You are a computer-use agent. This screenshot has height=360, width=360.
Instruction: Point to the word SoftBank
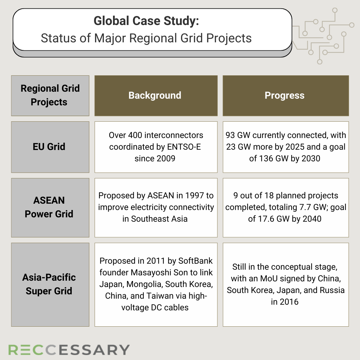(x=195, y=261)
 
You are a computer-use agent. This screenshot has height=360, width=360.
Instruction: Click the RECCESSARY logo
(x=69, y=350)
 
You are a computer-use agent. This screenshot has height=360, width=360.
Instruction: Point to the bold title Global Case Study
(x=146, y=21)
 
